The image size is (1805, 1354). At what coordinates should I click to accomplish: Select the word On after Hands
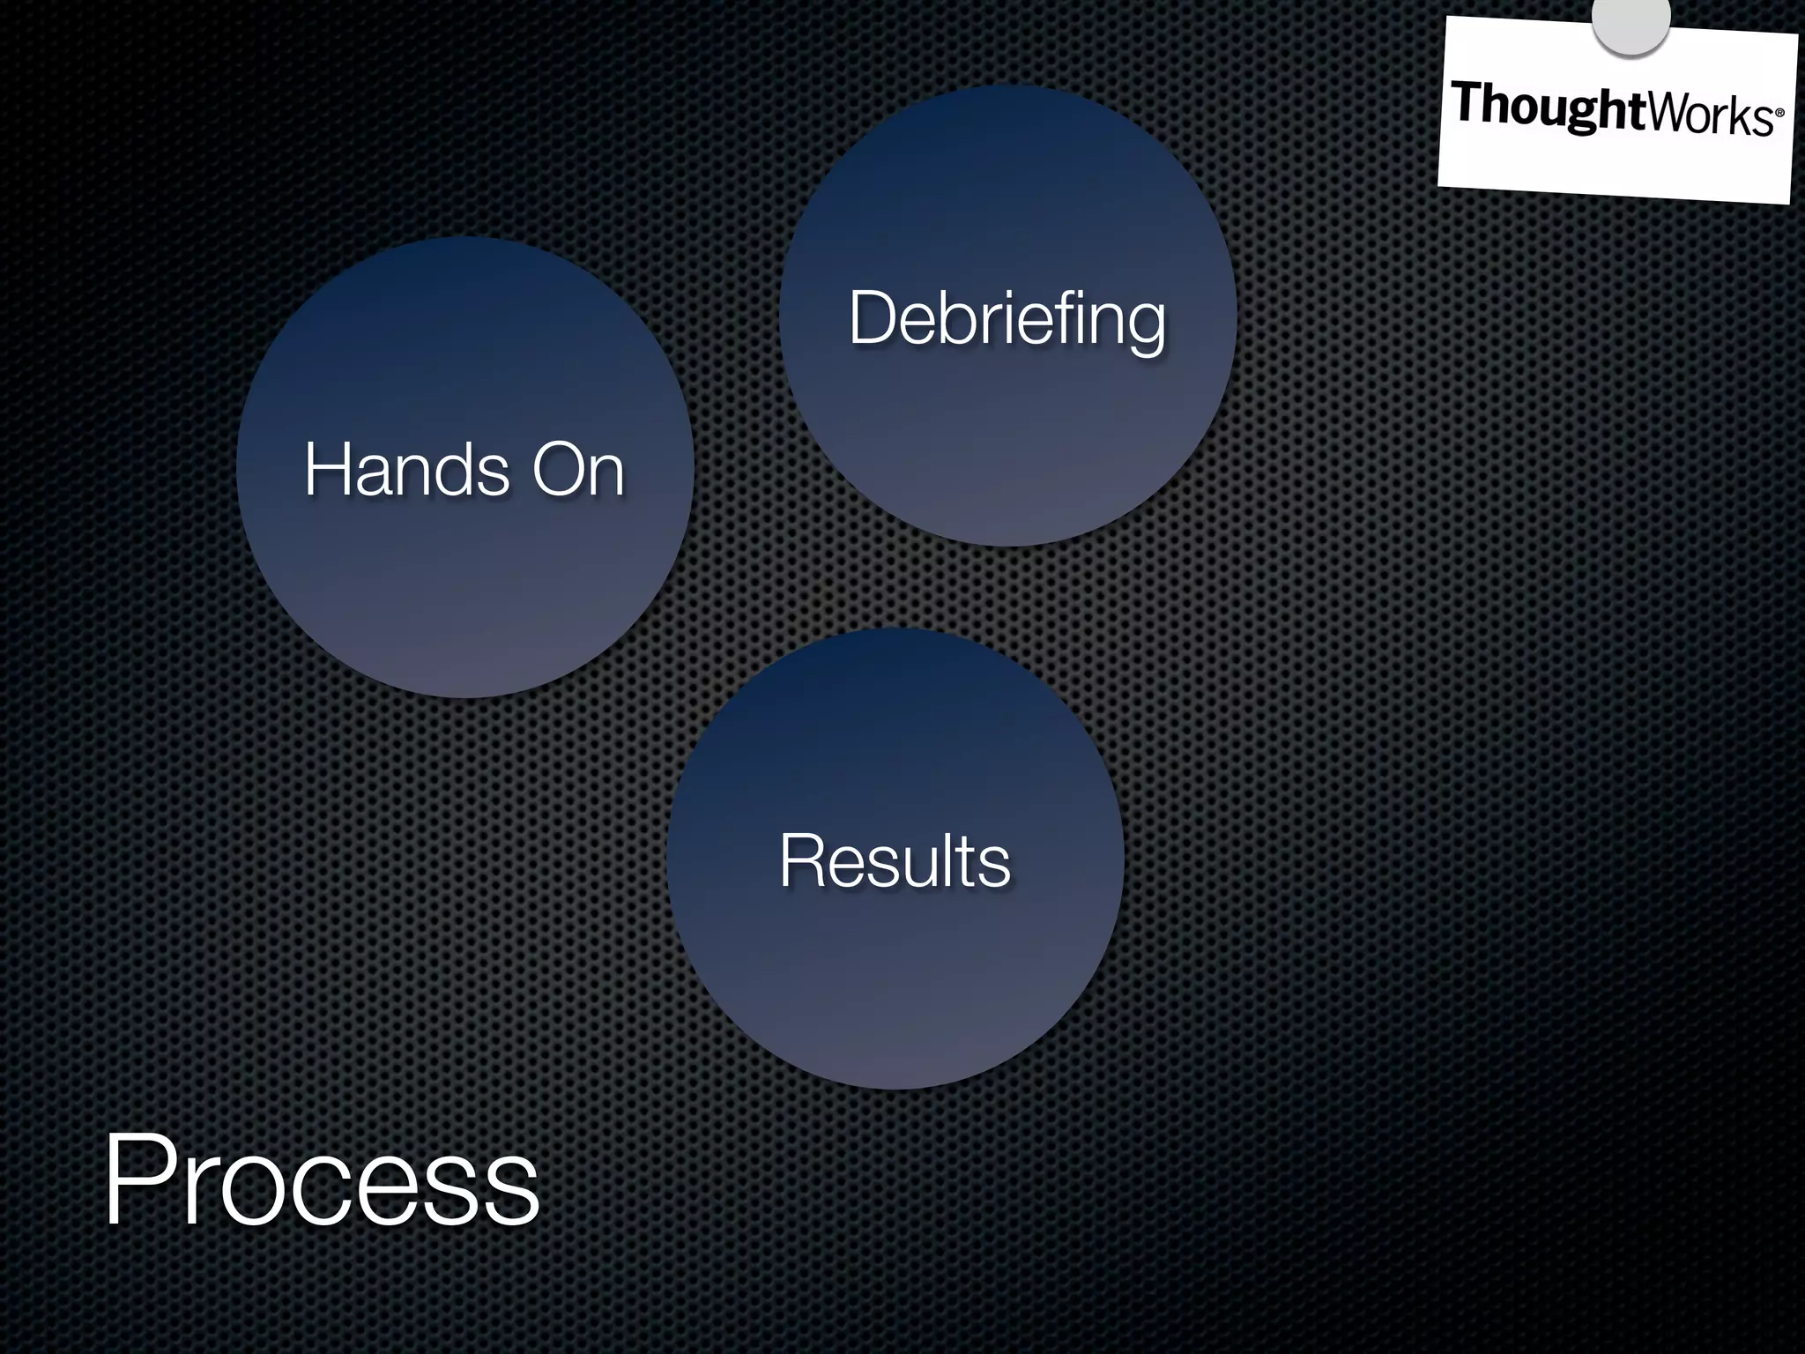point(577,469)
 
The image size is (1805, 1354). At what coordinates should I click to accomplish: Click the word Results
point(895,860)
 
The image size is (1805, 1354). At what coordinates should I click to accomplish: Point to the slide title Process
point(321,1181)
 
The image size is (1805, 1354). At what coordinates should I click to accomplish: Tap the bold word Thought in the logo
point(1548,108)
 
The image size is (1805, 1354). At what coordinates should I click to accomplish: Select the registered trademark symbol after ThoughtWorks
point(1779,114)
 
